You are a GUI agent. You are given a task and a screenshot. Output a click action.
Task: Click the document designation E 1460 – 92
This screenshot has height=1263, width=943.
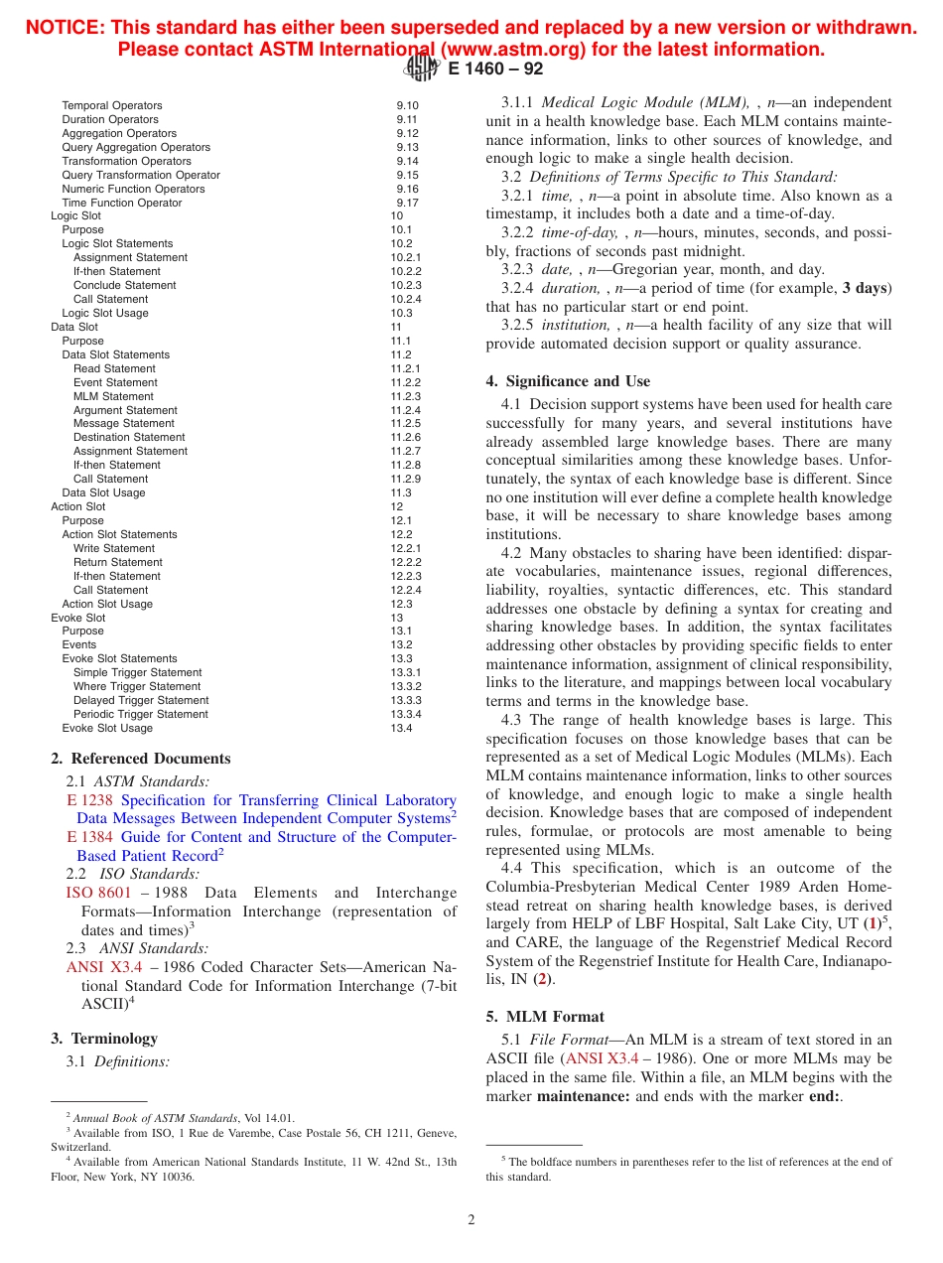click(495, 69)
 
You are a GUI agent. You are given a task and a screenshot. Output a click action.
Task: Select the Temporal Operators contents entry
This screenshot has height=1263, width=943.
click(111, 105)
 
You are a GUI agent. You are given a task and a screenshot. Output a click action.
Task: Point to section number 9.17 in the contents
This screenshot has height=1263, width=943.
click(407, 203)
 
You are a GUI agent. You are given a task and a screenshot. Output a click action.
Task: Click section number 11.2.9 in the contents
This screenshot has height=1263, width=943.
click(405, 479)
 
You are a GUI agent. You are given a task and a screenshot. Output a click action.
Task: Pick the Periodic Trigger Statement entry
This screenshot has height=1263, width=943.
click(140, 714)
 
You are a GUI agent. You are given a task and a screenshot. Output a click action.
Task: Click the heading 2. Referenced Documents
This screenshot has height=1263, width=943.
click(140, 759)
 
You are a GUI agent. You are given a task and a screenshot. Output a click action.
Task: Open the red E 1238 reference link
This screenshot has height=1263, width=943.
click(89, 800)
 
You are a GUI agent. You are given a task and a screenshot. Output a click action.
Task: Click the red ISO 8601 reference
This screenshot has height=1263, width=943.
click(98, 893)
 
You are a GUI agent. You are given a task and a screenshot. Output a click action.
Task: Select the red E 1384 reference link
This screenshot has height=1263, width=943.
click(89, 837)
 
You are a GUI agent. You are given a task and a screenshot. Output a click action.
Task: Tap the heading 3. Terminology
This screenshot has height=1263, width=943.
click(104, 1039)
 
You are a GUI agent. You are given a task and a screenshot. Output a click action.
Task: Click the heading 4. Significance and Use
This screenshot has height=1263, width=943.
click(568, 381)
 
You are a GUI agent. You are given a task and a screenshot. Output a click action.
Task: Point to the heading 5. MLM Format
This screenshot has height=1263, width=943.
click(545, 1017)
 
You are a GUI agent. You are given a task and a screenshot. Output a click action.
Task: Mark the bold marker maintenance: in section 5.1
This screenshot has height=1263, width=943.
click(583, 1096)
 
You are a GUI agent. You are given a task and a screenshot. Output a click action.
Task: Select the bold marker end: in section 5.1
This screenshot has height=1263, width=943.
click(824, 1096)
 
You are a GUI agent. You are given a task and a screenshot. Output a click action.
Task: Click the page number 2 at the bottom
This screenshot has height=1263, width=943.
click(471, 1220)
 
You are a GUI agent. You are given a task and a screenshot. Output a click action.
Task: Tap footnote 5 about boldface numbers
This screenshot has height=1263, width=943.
click(689, 1169)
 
